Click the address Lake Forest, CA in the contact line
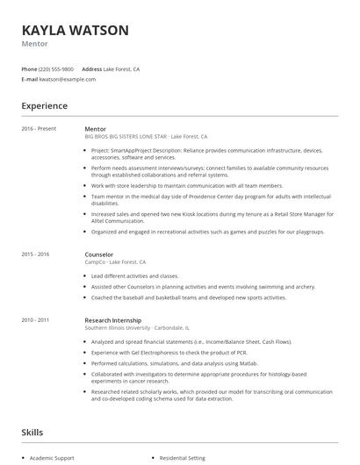122,68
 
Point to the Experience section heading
44,106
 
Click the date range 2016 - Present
39,129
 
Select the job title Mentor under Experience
95,129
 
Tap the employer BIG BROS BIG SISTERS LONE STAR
126,137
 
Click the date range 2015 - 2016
36,254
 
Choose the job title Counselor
99,254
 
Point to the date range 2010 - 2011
36,320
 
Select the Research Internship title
112,320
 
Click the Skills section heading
33,433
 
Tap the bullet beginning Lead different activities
133,275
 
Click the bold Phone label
29,68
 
